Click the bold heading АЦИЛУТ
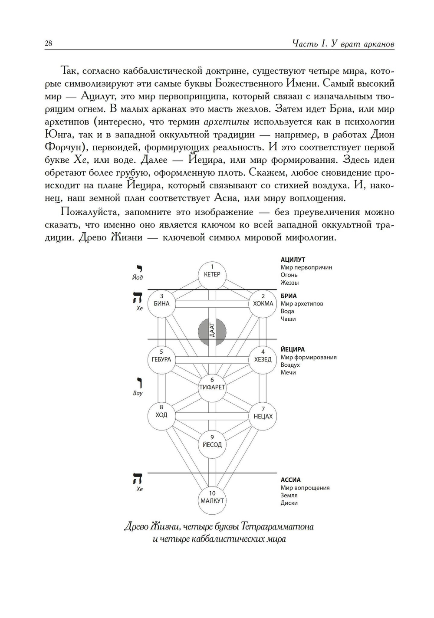pyautogui.click(x=293, y=260)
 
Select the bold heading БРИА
pyautogui.click(x=289, y=296)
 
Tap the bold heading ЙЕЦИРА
pyautogui.click(x=293, y=349)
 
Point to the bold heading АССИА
pyautogui.click(x=290, y=480)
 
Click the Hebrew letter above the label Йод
pyautogui.click(x=139, y=268)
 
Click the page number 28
pyautogui.click(x=48, y=43)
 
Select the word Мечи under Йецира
pyautogui.click(x=288, y=372)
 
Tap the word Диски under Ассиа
pyautogui.click(x=289, y=503)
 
